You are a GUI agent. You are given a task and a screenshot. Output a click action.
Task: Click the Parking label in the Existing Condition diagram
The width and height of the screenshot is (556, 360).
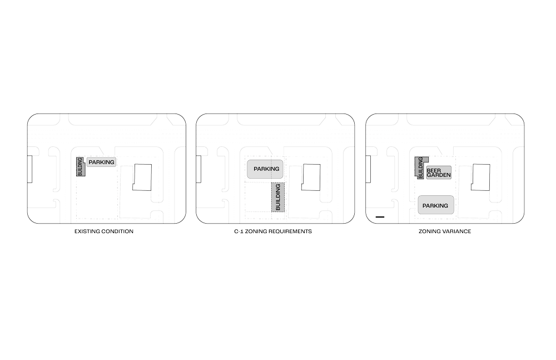[101, 162]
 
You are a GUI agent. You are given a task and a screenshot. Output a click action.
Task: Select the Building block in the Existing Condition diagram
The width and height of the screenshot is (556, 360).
[80, 167]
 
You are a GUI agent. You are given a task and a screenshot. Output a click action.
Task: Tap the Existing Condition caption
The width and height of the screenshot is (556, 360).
[104, 231]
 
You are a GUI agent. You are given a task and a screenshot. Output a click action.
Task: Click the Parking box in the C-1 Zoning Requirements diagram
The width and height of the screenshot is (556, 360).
[266, 169]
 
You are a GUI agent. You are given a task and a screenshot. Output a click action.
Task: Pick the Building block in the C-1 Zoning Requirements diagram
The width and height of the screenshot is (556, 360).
[279, 198]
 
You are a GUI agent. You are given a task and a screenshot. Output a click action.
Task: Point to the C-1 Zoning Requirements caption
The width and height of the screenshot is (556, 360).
[273, 231]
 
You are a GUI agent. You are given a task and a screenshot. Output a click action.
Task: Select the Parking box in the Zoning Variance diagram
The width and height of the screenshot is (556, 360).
[435, 205]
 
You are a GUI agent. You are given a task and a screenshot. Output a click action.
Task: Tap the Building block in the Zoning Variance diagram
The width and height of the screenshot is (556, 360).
[420, 167]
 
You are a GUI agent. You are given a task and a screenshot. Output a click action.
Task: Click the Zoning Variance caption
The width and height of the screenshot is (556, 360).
[444, 231]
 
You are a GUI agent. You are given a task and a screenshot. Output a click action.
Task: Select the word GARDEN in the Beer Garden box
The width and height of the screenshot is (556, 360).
[438, 175]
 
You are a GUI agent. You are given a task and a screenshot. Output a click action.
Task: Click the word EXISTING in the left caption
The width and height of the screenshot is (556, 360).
[86, 231]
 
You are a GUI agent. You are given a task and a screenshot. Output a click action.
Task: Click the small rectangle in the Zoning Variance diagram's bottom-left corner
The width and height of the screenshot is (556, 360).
[380, 215]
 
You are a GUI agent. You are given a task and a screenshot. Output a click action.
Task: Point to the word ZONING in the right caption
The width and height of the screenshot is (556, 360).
[429, 231]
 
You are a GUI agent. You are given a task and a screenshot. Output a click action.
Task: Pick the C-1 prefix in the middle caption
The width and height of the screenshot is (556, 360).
[237, 231]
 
